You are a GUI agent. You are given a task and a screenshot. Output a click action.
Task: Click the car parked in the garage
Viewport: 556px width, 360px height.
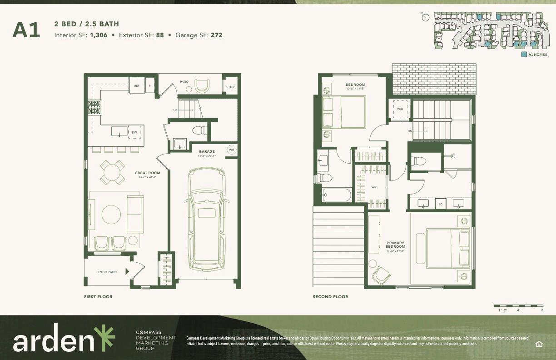207,219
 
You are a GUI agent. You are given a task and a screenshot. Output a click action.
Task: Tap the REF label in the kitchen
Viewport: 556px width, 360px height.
136,85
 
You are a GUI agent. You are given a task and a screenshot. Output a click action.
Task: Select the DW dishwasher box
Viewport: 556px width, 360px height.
134,132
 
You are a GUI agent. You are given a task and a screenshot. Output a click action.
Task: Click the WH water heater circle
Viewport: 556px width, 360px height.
231,150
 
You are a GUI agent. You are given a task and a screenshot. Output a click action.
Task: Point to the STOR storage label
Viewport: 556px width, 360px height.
230,87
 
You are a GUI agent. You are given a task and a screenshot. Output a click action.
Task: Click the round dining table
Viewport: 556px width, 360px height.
112,172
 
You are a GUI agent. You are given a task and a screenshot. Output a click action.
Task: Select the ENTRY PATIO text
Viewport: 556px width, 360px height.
107,272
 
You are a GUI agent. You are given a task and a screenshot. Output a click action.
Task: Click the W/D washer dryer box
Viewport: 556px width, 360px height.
400,109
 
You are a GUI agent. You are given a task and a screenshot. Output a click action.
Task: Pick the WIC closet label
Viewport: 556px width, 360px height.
374,187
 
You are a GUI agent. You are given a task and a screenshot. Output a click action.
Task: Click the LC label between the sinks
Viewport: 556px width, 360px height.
440,205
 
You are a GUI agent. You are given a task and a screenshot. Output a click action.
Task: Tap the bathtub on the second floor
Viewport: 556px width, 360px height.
336,195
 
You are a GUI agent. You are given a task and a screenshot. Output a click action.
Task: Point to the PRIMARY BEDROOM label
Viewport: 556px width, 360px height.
396,245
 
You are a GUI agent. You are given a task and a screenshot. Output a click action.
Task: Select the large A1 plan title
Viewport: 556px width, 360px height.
26,30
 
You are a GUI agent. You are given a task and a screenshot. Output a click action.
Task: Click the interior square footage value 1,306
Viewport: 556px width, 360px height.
99,35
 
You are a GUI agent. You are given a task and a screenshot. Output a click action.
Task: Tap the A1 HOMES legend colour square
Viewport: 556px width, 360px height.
524,55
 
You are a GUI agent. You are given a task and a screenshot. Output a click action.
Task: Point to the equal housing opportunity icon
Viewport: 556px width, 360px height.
539,343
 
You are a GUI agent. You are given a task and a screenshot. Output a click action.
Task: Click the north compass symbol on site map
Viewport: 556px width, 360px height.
426,17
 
